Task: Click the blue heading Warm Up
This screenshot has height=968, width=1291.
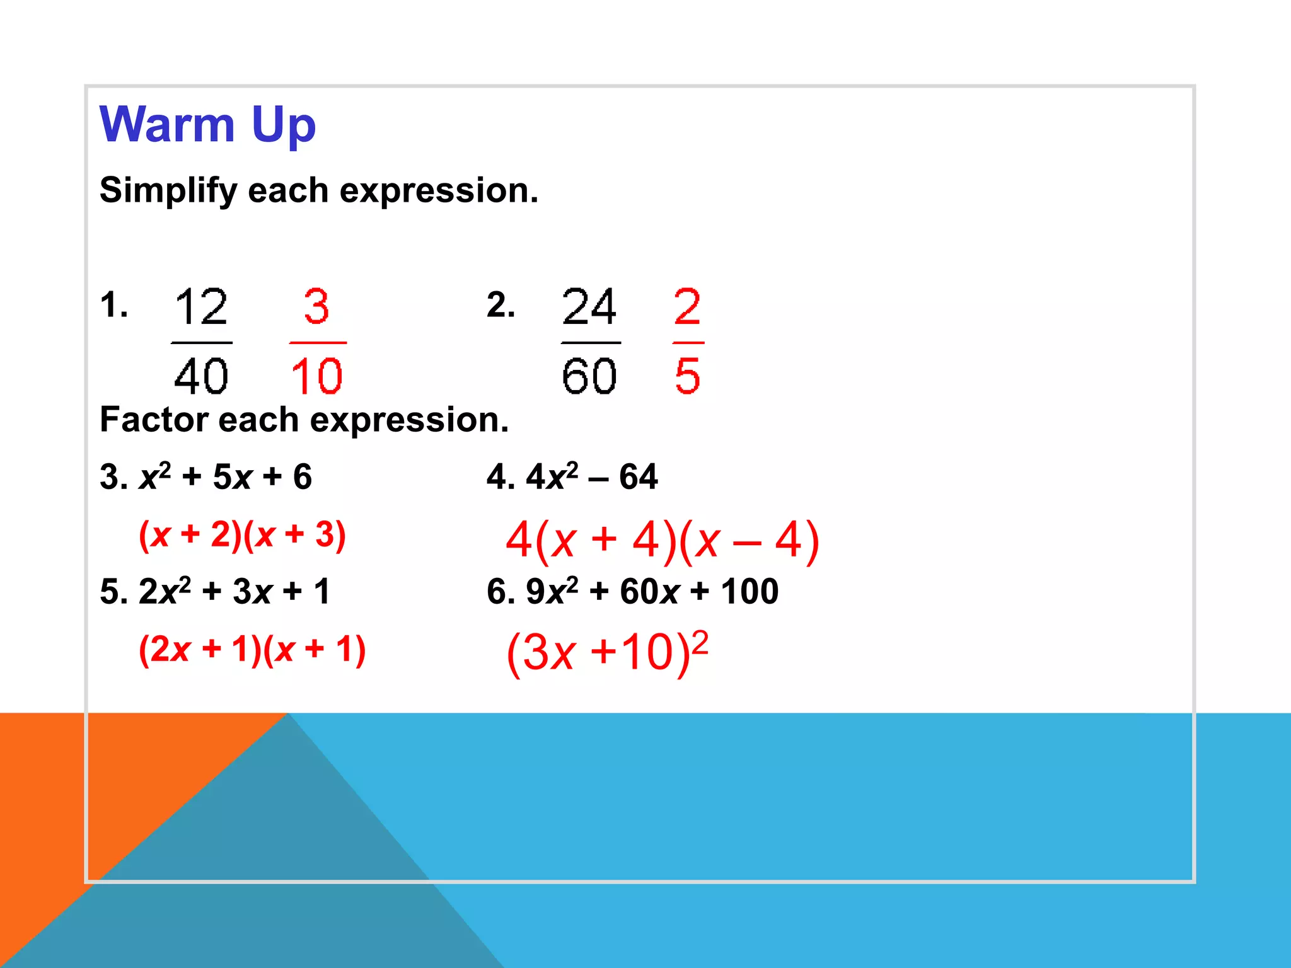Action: coord(207,125)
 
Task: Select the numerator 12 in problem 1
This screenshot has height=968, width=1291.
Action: coord(201,307)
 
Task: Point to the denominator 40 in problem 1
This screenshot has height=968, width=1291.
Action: coord(201,376)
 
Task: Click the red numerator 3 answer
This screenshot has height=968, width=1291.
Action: coord(316,307)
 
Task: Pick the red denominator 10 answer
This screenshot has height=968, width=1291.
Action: coord(317,376)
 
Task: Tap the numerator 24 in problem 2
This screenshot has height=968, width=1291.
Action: coord(589,307)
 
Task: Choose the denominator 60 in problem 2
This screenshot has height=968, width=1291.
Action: coord(589,376)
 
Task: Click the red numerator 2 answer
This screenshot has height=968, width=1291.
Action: coord(687,307)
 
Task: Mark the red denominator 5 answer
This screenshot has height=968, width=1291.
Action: coord(687,376)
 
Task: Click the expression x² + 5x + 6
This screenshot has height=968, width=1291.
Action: coord(225,477)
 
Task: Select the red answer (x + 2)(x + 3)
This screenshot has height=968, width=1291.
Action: coord(242,535)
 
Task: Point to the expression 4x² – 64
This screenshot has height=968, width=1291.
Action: coord(592,477)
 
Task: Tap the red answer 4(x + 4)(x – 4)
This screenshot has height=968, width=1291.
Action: coord(662,541)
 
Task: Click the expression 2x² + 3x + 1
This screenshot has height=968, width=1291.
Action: coord(234,592)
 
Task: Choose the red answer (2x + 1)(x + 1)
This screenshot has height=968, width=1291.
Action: coord(252,650)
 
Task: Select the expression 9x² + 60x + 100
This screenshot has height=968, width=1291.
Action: coord(652,592)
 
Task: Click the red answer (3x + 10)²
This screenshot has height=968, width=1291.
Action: coord(607,652)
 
